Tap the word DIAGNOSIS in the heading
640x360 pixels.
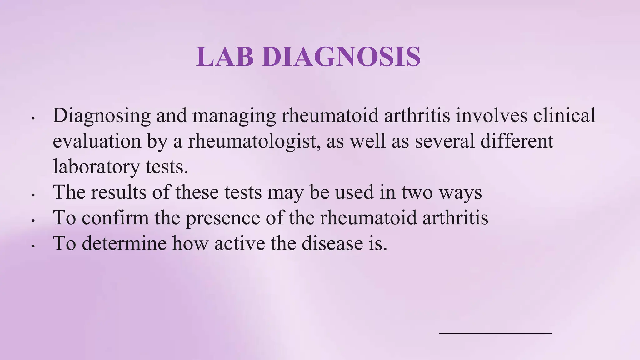click(x=342, y=57)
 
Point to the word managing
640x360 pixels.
click(x=234, y=116)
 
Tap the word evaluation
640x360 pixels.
click(x=97, y=141)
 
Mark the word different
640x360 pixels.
click(x=517, y=141)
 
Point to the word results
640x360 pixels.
click(x=119, y=192)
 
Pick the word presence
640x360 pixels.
click(x=223, y=218)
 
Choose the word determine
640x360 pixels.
click(x=124, y=243)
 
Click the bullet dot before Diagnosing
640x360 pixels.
click(x=33, y=119)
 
